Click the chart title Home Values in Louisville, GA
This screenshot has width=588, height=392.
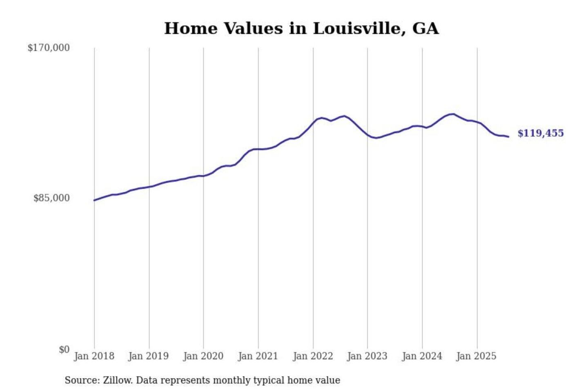tap(301, 29)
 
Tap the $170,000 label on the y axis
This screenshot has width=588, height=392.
tap(49, 48)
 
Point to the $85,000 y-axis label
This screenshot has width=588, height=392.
tap(51, 198)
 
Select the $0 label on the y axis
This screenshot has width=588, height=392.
tap(64, 350)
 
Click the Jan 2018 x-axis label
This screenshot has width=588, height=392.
tap(94, 356)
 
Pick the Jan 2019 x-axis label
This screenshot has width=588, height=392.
tap(148, 356)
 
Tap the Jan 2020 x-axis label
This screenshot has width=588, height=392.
tap(203, 356)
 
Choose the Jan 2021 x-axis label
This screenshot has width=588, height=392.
tap(258, 356)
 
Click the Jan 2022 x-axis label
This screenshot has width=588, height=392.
tap(313, 356)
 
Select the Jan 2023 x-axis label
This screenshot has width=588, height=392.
tap(367, 356)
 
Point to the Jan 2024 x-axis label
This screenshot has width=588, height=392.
tap(422, 356)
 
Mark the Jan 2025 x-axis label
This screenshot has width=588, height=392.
tap(476, 356)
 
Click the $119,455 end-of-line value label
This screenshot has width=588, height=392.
tap(541, 133)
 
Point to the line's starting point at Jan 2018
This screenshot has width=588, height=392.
tap(94, 200)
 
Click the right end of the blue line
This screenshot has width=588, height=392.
tap(508, 137)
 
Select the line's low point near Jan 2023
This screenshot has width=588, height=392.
tap(376, 138)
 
